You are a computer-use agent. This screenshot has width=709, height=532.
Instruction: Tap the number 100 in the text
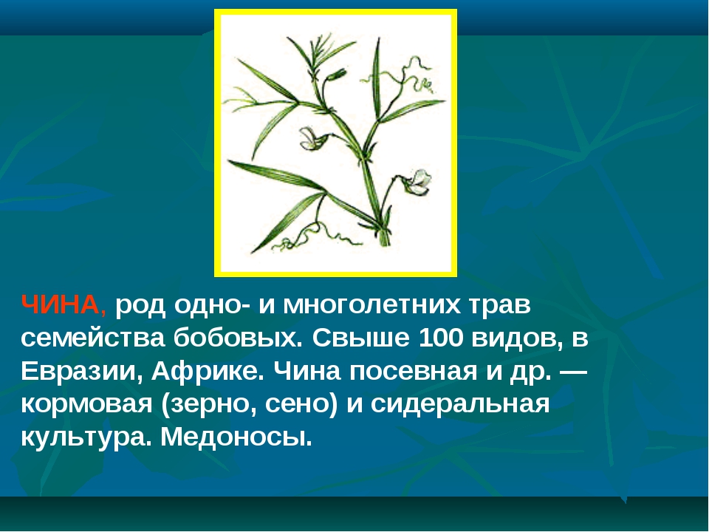click(x=441, y=338)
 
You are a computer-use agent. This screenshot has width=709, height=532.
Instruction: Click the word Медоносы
click(x=236, y=437)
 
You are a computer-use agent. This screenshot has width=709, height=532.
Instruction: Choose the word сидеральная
click(x=460, y=405)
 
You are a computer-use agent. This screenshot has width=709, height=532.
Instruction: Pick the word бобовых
click(x=239, y=338)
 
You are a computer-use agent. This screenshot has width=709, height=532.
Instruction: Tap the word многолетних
click(x=372, y=305)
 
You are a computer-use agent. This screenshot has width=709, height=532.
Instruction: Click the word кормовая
click(x=86, y=405)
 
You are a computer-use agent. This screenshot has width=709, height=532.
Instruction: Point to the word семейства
click(x=93, y=338)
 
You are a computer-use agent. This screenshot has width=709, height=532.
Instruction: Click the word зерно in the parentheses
click(x=210, y=405)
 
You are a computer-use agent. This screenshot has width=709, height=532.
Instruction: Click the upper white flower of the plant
click(x=313, y=138)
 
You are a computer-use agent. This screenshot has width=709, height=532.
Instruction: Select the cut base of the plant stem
click(x=384, y=238)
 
